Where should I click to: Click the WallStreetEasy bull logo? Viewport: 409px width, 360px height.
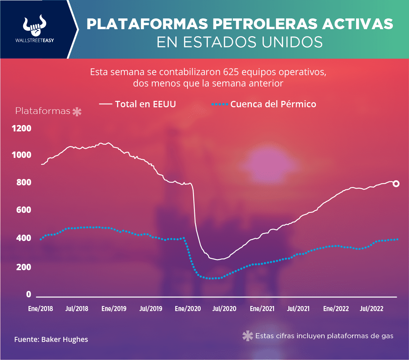click(x=35, y=25)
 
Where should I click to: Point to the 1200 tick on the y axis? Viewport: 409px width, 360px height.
click(x=21, y=128)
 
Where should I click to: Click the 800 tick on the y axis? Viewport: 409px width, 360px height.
click(x=24, y=182)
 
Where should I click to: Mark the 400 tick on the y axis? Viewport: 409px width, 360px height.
click(x=24, y=238)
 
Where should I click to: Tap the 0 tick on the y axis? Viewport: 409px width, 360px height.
click(x=28, y=294)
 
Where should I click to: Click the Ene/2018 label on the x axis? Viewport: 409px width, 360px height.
click(x=41, y=309)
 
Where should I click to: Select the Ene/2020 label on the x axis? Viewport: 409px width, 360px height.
click(x=188, y=309)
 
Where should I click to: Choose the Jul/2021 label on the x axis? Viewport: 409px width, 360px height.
click(x=298, y=309)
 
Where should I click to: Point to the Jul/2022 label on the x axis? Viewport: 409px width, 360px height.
click(x=371, y=309)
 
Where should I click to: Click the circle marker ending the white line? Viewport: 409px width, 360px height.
click(x=396, y=183)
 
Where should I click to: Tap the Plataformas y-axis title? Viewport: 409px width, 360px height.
click(x=43, y=111)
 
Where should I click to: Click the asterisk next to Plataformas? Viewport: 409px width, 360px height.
click(x=77, y=112)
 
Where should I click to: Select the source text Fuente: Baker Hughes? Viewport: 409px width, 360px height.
click(x=51, y=340)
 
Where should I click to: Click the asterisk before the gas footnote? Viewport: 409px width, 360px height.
click(x=248, y=336)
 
